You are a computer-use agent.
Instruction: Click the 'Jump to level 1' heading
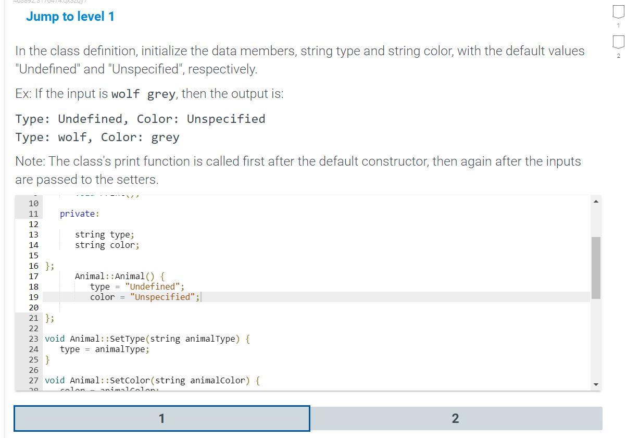click(70, 17)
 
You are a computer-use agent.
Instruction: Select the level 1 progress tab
click(162, 418)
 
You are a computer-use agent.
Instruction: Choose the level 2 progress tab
click(456, 418)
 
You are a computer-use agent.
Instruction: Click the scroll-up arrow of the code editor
click(596, 202)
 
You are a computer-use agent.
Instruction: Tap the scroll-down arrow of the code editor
click(596, 384)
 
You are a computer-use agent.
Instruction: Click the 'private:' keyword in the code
click(79, 214)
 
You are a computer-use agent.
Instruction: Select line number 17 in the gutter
click(33, 276)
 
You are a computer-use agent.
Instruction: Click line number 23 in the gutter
click(33, 339)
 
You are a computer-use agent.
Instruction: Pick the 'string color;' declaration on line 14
click(107, 245)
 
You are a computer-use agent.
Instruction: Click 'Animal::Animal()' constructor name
click(115, 276)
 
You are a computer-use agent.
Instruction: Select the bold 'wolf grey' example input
click(143, 94)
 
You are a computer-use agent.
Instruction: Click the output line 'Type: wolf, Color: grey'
click(97, 137)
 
